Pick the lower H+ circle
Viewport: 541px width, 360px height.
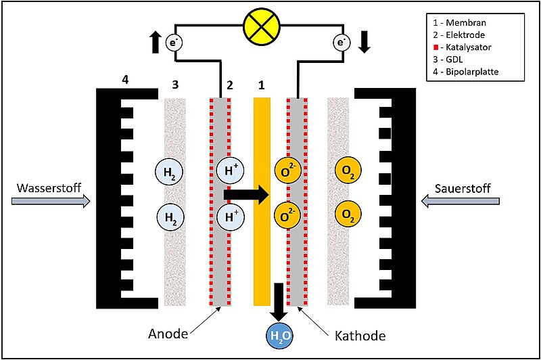click(230, 218)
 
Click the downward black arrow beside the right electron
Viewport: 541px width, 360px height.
click(365, 42)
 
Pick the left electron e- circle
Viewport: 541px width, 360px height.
click(175, 43)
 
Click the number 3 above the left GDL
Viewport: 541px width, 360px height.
click(175, 85)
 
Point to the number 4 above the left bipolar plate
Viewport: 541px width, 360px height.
click(124, 81)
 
